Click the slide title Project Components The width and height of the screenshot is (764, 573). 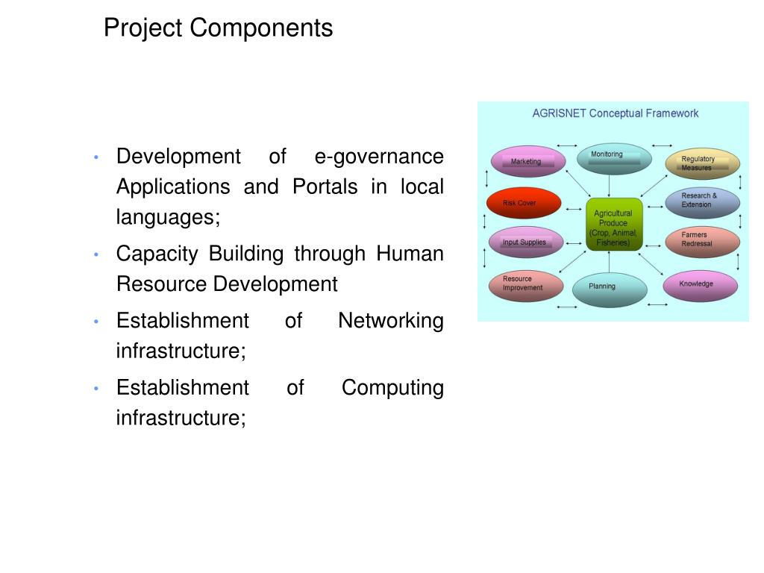pyautogui.click(x=218, y=28)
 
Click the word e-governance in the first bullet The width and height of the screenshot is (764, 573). pyautogui.click(x=379, y=157)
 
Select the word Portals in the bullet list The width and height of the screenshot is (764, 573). pyautogui.click(x=325, y=187)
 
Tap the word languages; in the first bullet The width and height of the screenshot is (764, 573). pyautogui.click(x=169, y=217)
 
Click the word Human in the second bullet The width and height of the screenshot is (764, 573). pyautogui.click(x=410, y=254)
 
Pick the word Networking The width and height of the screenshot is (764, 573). pyautogui.click(x=390, y=321)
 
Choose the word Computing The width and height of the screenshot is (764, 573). pyautogui.click(x=392, y=388)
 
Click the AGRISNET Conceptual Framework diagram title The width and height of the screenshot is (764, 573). pyautogui.click(x=615, y=113)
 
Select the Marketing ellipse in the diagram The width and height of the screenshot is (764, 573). pyautogui.click(x=527, y=161)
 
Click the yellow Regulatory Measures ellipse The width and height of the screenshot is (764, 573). pyautogui.click(x=701, y=163)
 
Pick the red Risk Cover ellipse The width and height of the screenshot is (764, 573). pyautogui.click(x=523, y=202)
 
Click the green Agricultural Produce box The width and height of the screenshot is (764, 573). pyautogui.click(x=613, y=224)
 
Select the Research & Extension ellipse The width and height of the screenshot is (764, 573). pyautogui.click(x=701, y=201)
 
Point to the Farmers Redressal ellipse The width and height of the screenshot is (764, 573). pyautogui.click(x=701, y=240)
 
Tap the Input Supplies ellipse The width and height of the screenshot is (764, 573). pyautogui.click(x=525, y=242)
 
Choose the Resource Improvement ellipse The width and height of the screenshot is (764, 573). pyautogui.click(x=526, y=284)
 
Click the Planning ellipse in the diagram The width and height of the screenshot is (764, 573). pyautogui.click(x=609, y=289)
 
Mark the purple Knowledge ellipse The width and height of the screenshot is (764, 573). pyautogui.click(x=700, y=284)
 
